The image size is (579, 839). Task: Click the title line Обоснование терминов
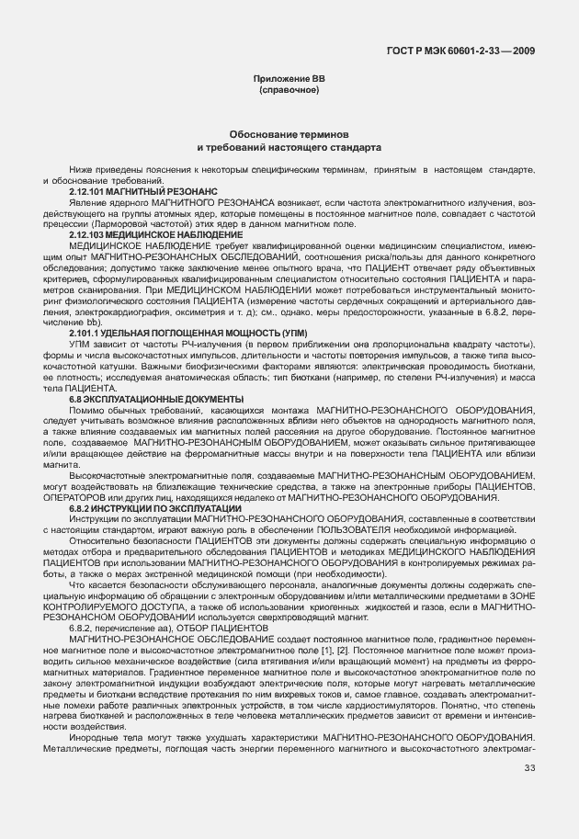289,134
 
